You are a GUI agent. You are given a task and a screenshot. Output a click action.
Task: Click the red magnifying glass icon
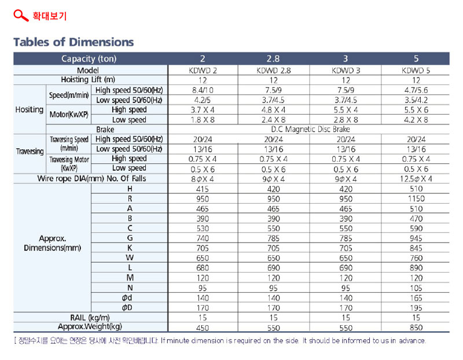pyautogui.click(x=21, y=16)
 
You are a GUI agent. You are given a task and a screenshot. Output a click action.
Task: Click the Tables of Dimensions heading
pyautogui.click(x=74, y=42)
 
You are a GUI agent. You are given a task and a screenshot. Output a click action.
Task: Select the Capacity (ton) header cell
pyautogui.click(x=89, y=59)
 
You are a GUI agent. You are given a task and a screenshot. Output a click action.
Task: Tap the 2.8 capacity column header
pyautogui.click(x=273, y=59)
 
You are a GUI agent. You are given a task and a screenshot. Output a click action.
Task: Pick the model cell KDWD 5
pyautogui.click(x=416, y=71)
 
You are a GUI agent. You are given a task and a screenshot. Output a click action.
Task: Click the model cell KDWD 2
pyautogui.click(x=203, y=71)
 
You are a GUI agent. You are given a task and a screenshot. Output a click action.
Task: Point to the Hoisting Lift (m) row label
pyautogui.click(x=88, y=80)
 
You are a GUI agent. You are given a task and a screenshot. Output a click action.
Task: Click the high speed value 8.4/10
pyautogui.click(x=203, y=90)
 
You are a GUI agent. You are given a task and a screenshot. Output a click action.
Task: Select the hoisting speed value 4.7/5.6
pyautogui.click(x=416, y=90)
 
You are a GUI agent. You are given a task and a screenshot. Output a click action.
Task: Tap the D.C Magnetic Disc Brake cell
pyautogui.click(x=310, y=129)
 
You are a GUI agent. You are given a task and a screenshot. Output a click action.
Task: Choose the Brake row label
pyautogui.click(x=105, y=130)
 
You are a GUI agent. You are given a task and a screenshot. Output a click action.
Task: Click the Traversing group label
pyautogui.click(x=30, y=152)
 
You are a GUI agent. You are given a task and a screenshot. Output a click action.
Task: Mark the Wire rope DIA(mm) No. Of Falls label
pyautogui.click(x=91, y=179)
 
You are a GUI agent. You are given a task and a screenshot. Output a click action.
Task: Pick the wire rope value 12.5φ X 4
pyautogui.click(x=416, y=179)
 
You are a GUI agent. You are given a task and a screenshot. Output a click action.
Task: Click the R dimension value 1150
pyautogui.click(x=416, y=199)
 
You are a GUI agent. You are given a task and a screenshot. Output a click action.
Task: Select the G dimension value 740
pyautogui.click(x=203, y=238)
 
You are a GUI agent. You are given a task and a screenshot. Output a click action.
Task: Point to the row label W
pyautogui.click(x=130, y=258)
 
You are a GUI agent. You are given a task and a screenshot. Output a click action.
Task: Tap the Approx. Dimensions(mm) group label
pyautogui.click(x=52, y=243)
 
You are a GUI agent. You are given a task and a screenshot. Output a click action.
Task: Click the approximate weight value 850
pyautogui.click(x=416, y=328)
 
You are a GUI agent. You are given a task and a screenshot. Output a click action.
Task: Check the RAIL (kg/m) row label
pyautogui.click(x=90, y=318)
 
